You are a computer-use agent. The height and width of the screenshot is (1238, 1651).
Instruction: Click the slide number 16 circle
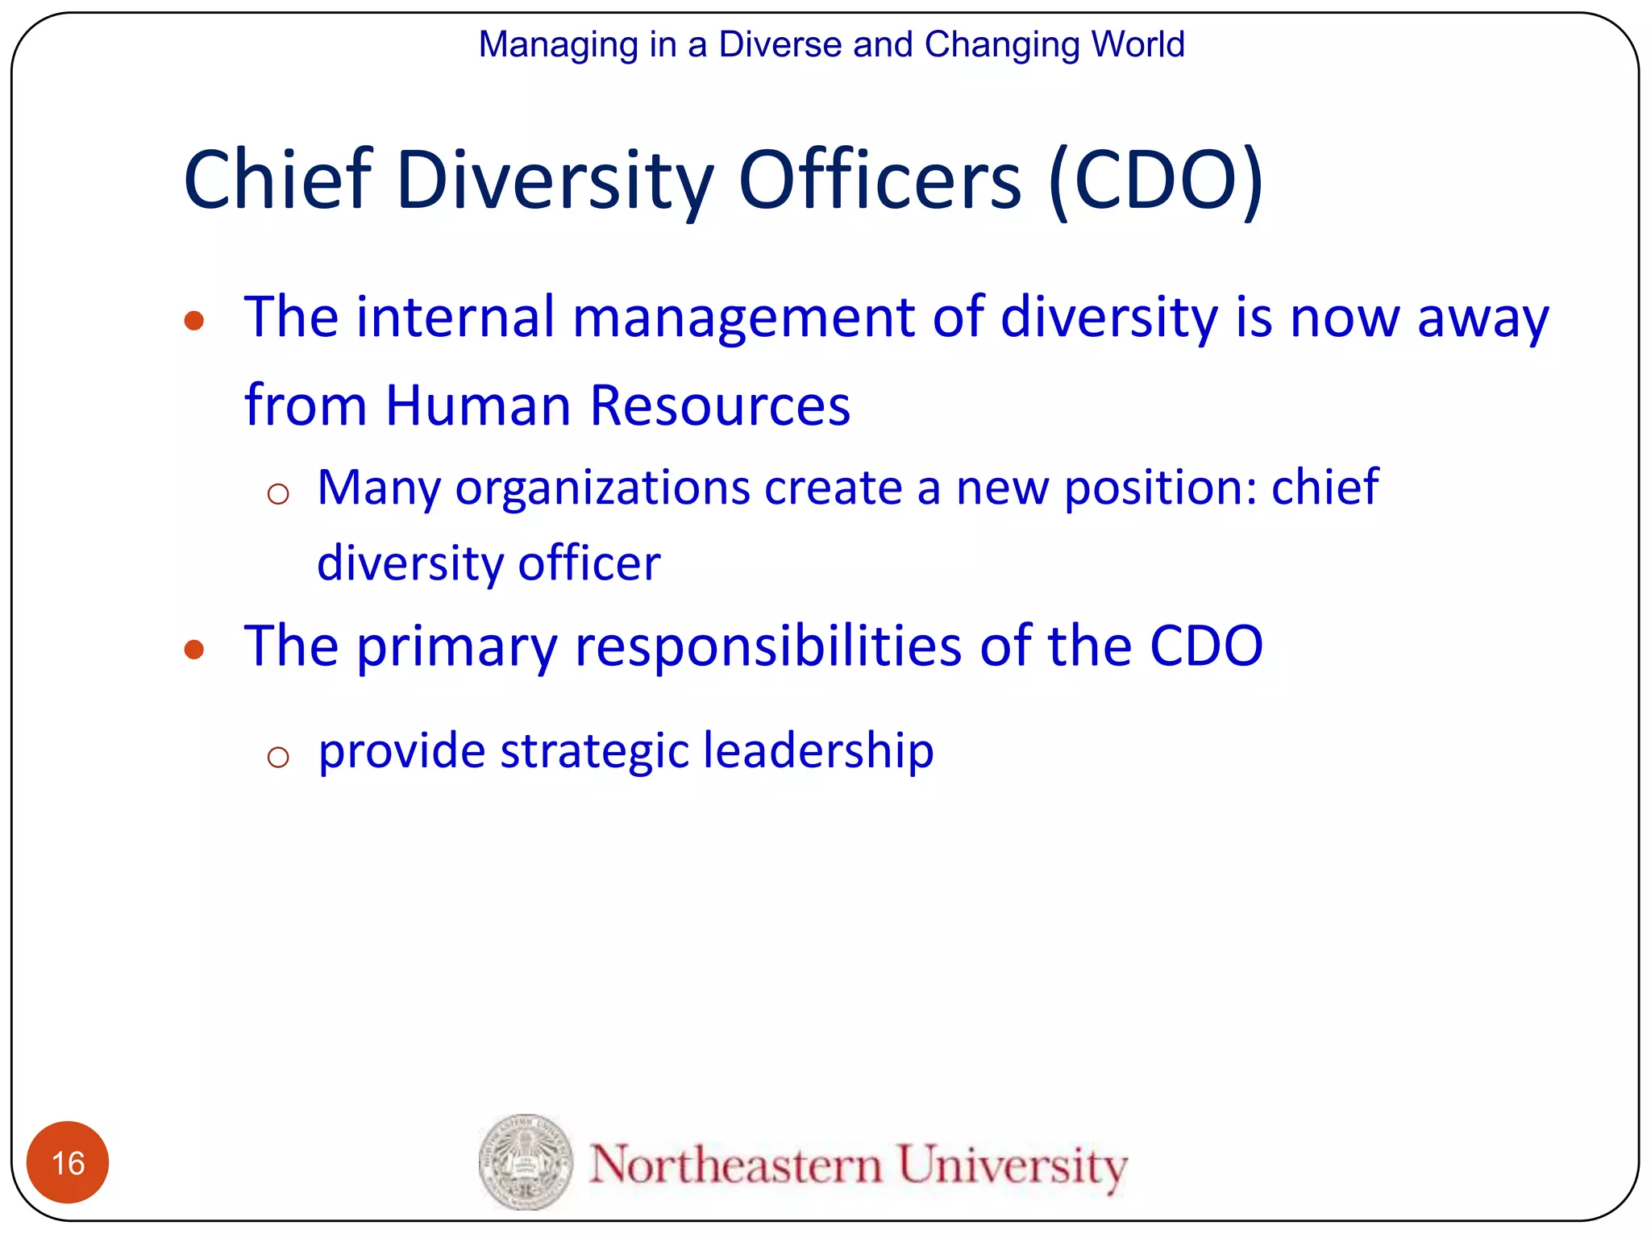68,1162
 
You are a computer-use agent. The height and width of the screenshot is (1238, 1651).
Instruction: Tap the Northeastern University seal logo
526,1162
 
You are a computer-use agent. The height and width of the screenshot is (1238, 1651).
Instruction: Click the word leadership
818,751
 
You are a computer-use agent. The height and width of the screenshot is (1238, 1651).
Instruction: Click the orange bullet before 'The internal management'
193,321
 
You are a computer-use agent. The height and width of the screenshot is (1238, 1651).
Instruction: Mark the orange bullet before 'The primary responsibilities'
193,649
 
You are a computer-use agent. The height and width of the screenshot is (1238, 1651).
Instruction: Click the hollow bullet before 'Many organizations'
278,493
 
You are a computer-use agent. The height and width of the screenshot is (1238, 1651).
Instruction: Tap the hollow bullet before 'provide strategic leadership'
278,756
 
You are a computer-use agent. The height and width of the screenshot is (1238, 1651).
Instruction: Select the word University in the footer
1013,1165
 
